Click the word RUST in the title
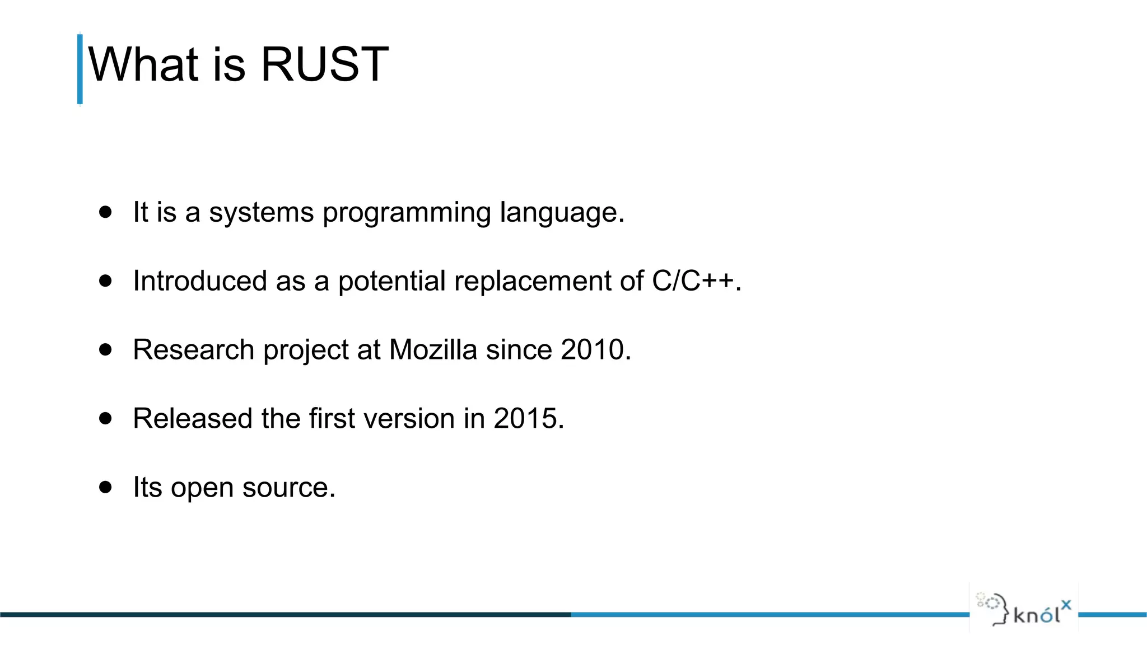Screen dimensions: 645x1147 pos(324,64)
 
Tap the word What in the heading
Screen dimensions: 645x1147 pos(143,64)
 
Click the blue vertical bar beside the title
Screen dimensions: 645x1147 pos(80,69)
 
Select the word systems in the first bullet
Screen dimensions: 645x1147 pos(262,213)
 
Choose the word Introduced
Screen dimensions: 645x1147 pos(200,281)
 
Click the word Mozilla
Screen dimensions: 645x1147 pos(433,350)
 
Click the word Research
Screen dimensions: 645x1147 pos(194,350)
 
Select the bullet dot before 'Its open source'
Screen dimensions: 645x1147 pos(105,487)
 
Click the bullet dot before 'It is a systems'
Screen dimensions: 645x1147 pos(105,212)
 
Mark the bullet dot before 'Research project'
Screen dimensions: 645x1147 pos(105,349)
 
